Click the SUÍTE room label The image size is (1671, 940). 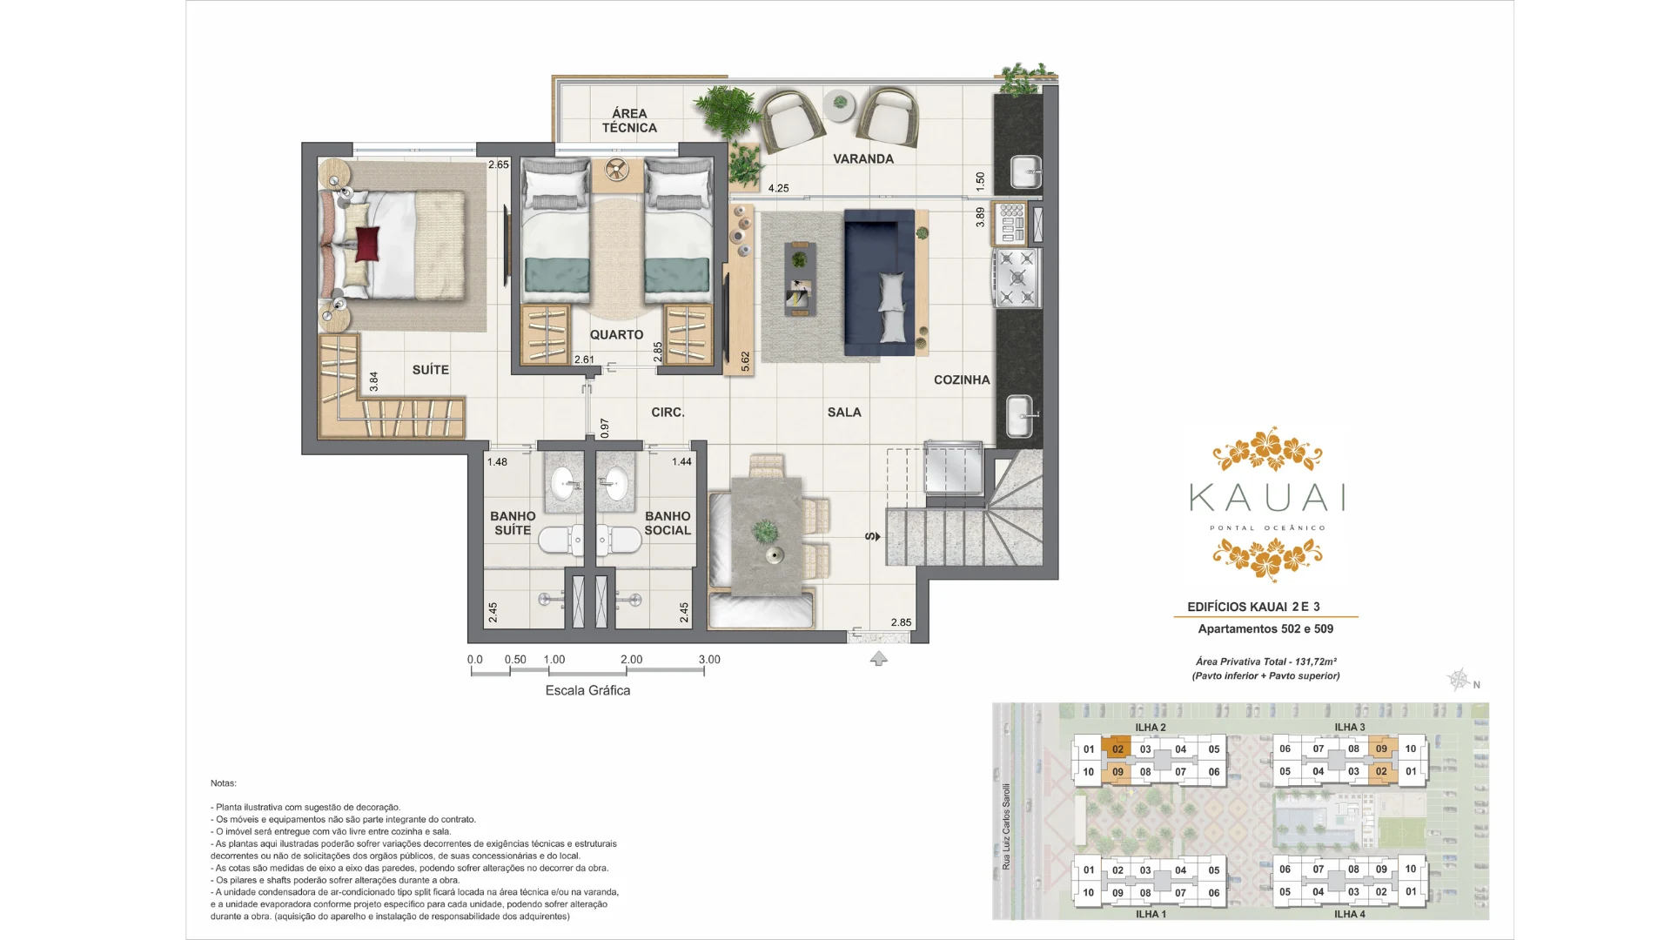click(430, 370)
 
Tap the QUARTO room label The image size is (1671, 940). click(616, 335)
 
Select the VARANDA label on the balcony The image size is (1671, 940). click(863, 159)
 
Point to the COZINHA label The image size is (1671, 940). click(962, 380)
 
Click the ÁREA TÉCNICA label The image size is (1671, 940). click(629, 121)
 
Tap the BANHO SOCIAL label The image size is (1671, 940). click(668, 523)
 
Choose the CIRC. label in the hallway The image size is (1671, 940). click(668, 413)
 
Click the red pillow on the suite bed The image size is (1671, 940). click(367, 243)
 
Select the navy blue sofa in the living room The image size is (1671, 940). click(879, 282)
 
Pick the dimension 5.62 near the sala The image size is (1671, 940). click(745, 362)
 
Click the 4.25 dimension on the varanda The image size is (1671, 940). click(779, 188)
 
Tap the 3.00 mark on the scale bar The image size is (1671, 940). click(709, 660)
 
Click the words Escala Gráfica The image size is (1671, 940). click(587, 690)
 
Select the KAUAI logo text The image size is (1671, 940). click(1267, 498)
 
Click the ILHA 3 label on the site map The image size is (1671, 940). click(1350, 728)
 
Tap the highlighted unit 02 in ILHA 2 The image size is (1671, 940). click(1117, 749)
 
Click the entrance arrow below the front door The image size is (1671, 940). click(879, 659)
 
